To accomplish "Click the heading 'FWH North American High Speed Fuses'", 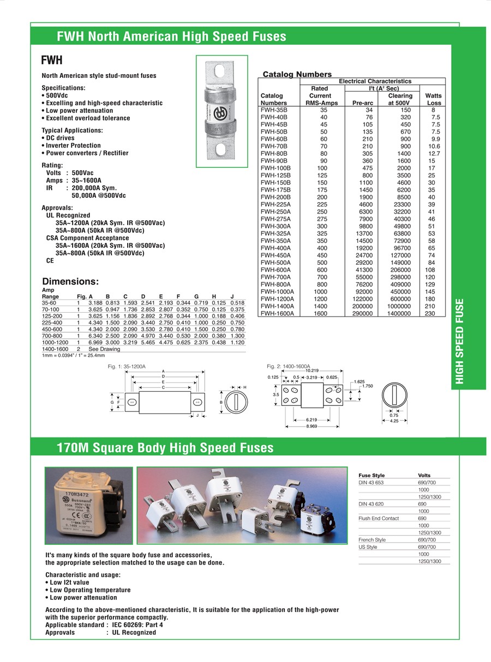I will click(171, 37).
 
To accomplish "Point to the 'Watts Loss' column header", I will click(434, 99).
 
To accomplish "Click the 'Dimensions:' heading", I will click(70, 282).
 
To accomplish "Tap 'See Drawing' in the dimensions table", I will click(104, 349).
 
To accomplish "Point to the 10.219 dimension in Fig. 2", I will click(312, 371).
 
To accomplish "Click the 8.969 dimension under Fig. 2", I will click(312, 426).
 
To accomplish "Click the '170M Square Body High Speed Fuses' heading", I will click(165, 448).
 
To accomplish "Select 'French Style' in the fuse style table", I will click(372, 539).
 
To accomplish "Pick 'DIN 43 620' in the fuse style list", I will click(371, 504).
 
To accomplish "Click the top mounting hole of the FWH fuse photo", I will click(221, 72).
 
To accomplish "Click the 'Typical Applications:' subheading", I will click(72, 131).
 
